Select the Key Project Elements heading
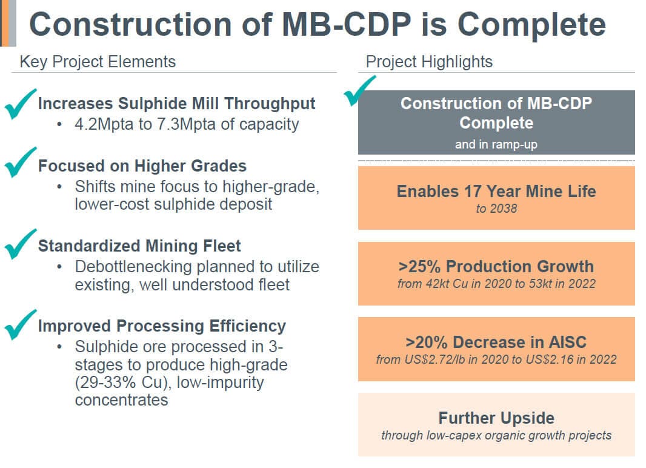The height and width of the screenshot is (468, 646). click(98, 62)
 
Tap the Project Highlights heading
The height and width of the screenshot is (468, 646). click(429, 62)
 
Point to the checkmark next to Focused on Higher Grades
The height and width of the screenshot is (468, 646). click(19, 162)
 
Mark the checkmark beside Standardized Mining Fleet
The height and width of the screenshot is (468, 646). click(19, 244)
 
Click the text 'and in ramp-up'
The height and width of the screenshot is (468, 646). click(496, 145)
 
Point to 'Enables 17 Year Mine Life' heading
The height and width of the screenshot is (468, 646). click(496, 192)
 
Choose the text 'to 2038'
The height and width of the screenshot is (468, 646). click(496, 209)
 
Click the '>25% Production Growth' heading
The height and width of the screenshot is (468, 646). click(496, 267)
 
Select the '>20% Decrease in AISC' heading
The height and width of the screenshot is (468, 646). click(496, 342)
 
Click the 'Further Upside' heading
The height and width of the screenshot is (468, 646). click(496, 418)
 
